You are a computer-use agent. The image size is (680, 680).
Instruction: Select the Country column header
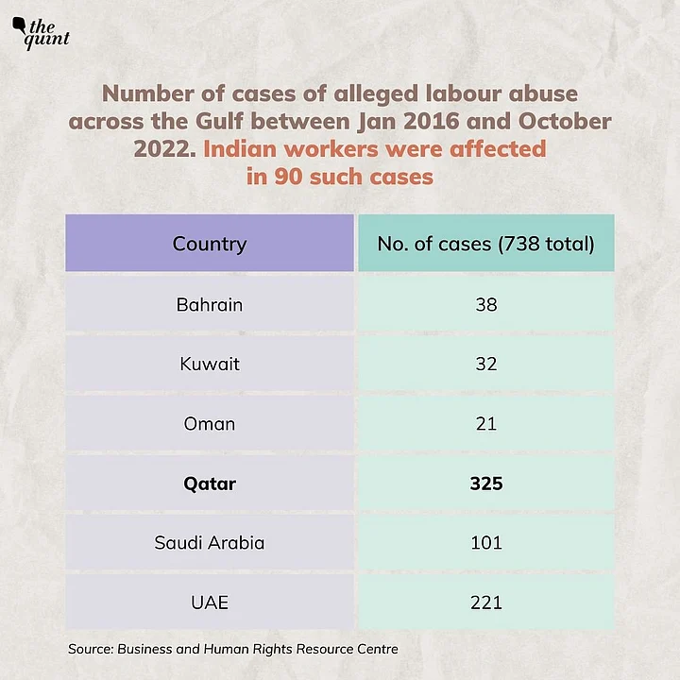tap(209, 244)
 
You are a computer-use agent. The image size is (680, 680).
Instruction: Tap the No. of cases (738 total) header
tap(485, 244)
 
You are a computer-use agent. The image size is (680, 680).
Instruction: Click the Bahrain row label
tap(209, 304)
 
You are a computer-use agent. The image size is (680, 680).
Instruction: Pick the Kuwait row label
tap(209, 364)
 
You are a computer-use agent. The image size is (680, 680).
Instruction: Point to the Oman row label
tap(209, 423)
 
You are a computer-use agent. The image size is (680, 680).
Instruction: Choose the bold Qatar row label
tap(209, 484)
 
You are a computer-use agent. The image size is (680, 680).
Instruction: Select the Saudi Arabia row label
tap(209, 543)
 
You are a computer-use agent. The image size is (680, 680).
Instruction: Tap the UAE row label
tap(209, 603)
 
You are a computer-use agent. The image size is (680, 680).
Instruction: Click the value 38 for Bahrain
tap(485, 304)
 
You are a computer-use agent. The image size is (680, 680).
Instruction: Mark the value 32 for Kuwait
tap(485, 364)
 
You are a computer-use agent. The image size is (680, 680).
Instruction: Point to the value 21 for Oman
tap(485, 423)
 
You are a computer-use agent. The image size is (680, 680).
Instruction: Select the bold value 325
tap(485, 484)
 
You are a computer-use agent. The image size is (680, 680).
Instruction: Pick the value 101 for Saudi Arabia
tap(485, 543)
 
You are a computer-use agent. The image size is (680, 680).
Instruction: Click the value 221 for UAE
tap(485, 603)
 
